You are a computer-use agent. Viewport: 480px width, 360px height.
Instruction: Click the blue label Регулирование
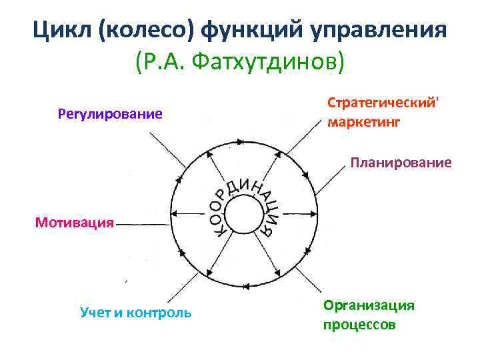(111, 114)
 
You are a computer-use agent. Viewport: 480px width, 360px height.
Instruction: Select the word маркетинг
(364, 123)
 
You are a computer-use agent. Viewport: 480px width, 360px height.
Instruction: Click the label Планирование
(402, 163)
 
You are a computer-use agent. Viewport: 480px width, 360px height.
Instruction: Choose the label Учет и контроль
(135, 312)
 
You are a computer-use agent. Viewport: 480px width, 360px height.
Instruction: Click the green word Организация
(369, 305)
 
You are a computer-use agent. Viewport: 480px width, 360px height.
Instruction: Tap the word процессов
(359, 325)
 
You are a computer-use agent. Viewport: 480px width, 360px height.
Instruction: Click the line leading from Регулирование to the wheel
(166, 150)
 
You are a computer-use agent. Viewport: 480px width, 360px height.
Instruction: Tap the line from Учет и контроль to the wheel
(167, 285)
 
